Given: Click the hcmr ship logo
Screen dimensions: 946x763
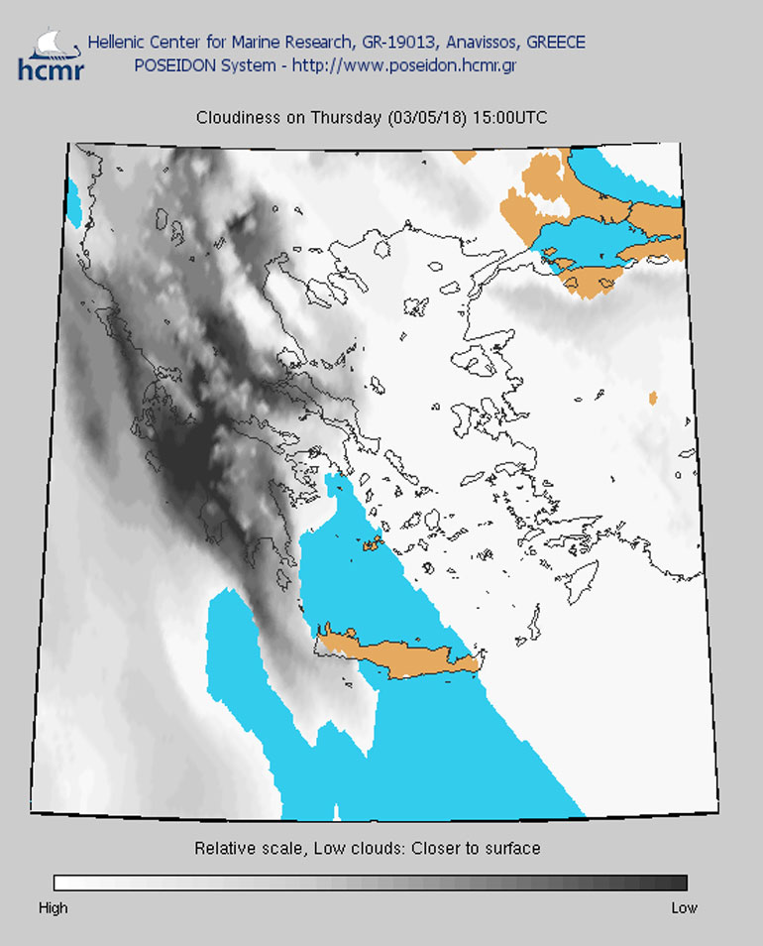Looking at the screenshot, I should tap(51, 54).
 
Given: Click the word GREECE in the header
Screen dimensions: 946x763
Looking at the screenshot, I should tap(555, 43).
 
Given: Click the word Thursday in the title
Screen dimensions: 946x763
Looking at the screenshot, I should tap(346, 118).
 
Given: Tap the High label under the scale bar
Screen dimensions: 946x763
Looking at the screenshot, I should tap(53, 907).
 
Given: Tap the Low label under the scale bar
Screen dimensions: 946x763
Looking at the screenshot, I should tap(684, 907).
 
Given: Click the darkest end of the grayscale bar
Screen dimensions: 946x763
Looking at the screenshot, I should tap(679, 883).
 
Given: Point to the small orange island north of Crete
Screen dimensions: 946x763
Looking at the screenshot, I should tap(373, 542).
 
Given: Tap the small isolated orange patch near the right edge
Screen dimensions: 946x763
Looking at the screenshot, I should tap(652, 398).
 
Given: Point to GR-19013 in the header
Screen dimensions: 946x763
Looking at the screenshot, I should tap(400, 43).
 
